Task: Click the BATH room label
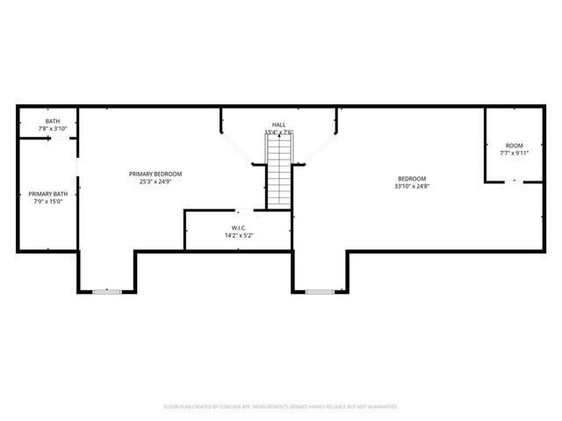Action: (x=53, y=121)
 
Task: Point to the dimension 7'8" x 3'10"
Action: (x=53, y=129)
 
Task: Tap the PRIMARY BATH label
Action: (x=47, y=194)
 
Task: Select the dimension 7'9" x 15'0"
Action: (x=47, y=202)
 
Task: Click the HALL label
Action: (x=278, y=125)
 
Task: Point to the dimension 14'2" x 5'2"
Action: (x=239, y=235)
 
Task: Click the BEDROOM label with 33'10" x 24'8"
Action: (x=411, y=178)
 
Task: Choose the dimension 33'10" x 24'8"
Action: (x=411, y=186)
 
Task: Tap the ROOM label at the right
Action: (x=514, y=145)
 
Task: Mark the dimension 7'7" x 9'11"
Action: (x=514, y=153)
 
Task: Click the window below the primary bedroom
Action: (x=107, y=290)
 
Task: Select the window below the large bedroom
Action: (x=320, y=290)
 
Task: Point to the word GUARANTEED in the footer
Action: (x=378, y=406)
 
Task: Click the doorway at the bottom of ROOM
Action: (x=515, y=182)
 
